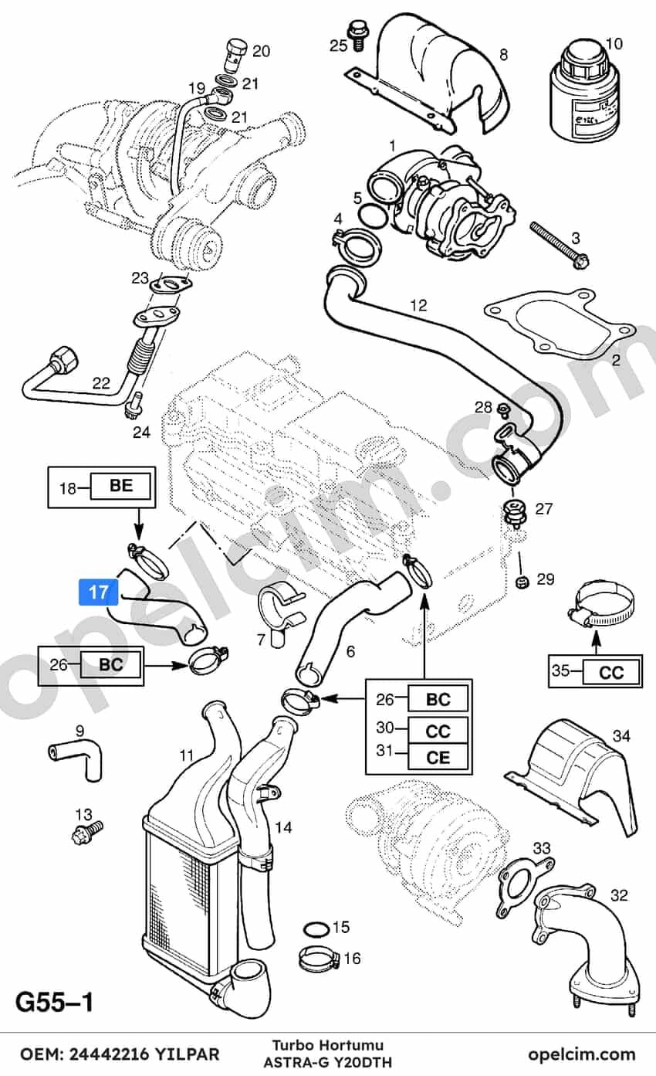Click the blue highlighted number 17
(99, 592)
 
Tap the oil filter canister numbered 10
(584, 90)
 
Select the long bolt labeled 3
(560, 245)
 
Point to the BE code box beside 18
(120, 486)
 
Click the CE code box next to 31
(438, 758)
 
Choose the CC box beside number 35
(611, 672)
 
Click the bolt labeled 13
(87, 833)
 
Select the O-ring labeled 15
(316, 927)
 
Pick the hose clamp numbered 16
(319, 959)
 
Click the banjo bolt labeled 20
(235, 56)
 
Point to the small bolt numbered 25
(357, 35)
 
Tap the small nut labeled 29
(522, 582)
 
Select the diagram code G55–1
(54, 1003)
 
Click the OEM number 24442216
(110, 1054)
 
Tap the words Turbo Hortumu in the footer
(328, 1045)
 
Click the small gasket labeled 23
(170, 285)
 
